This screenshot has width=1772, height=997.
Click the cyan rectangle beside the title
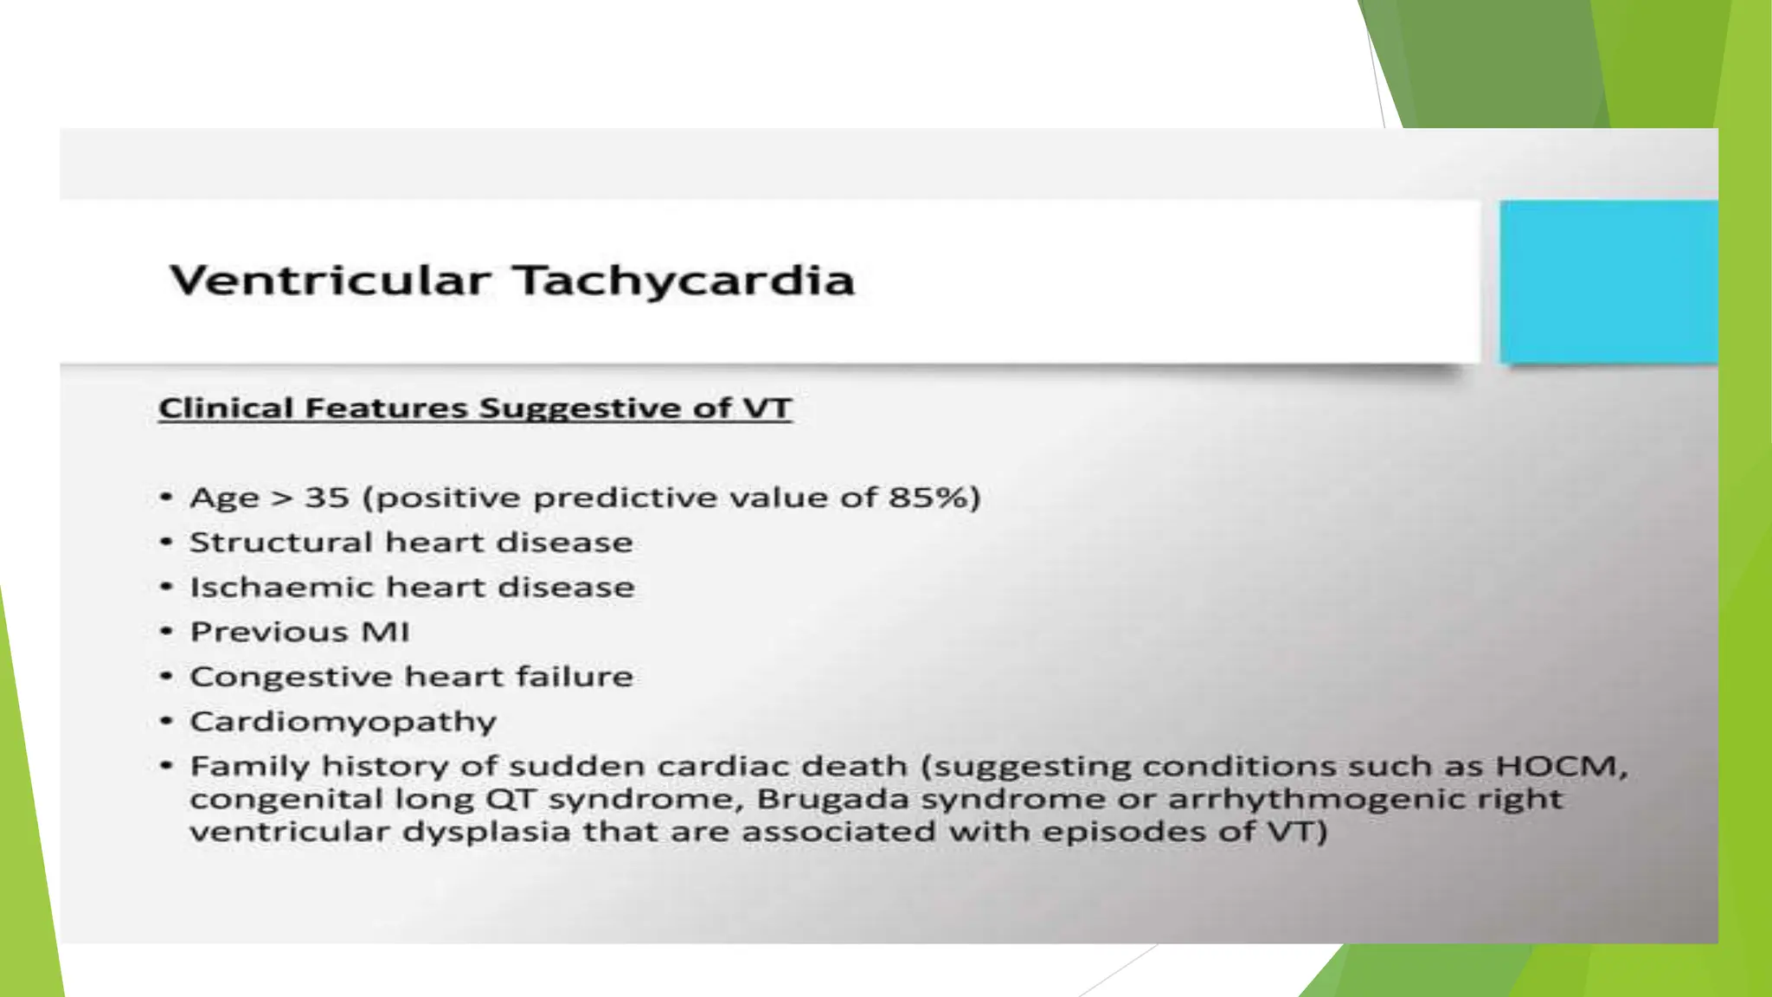(x=1608, y=282)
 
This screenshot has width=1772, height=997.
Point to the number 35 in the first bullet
(x=327, y=498)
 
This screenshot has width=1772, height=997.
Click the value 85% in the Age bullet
(x=929, y=498)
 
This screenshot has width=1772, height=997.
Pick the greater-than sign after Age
(x=282, y=498)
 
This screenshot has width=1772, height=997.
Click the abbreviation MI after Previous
(x=385, y=632)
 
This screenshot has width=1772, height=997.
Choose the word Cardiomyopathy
(x=343, y=723)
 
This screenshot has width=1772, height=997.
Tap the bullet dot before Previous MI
(x=167, y=632)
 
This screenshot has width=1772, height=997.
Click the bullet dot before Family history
(x=167, y=767)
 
